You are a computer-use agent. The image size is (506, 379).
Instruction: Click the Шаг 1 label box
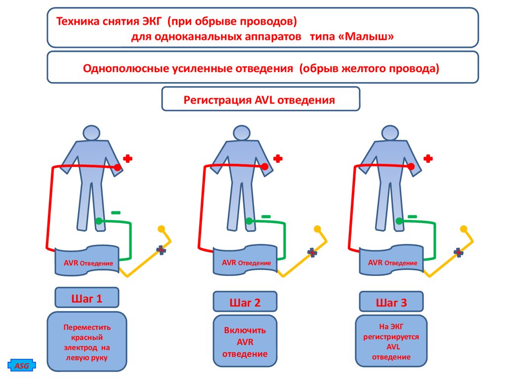click(x=87, y=298)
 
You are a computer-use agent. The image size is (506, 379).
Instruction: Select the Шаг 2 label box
click(x=245, y=303)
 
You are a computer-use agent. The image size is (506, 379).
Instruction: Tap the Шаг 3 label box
click(x=391, y=302)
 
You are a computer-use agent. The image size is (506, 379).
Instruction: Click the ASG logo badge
click(x=21, y=366)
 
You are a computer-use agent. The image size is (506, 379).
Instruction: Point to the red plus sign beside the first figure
click(x=128, y=158)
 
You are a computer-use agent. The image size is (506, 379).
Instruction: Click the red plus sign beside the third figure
click(x=428, y=158)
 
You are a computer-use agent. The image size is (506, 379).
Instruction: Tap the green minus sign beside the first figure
click(x=116, y=212)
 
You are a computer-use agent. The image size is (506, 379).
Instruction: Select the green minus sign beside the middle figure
click(x=266, y=216)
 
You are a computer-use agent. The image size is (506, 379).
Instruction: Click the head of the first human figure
click(x=91, y=133)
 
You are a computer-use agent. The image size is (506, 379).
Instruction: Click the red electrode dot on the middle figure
click(x=265, y=168)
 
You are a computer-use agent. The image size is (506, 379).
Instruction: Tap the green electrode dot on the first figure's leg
click(x=99, y=221)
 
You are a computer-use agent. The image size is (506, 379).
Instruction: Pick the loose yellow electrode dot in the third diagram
click(x=464, y=229)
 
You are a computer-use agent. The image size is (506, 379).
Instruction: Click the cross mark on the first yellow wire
click(x=161, y=251)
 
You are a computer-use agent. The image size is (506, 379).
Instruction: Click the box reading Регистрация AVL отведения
click(x=260, y=100)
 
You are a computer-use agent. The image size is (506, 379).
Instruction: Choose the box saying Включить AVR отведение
click(x=245, y=342)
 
